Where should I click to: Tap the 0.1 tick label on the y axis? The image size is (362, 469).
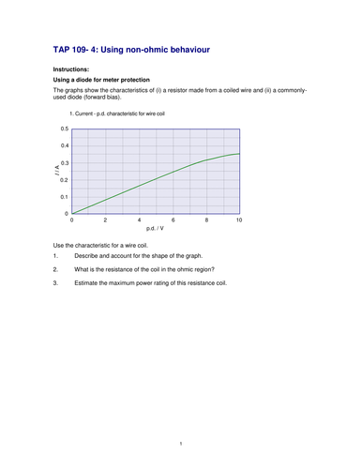pos(64,197)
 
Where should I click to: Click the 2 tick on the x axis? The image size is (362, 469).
pos(105,219)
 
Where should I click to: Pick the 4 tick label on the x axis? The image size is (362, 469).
pos(139,219)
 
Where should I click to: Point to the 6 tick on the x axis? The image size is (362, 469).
pos(173,219)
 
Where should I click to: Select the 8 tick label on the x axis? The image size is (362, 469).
pos(205,219)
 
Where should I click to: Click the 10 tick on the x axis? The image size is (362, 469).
pos(239,219)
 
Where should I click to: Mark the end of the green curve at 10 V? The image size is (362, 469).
pos(239,153)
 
